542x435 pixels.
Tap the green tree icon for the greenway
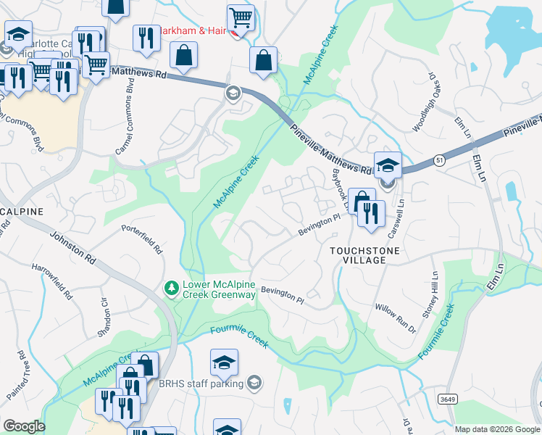(172, 289)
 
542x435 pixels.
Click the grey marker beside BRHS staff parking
(254, 382)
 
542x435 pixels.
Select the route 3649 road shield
(447, 398)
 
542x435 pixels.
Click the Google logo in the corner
(24, 426)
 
